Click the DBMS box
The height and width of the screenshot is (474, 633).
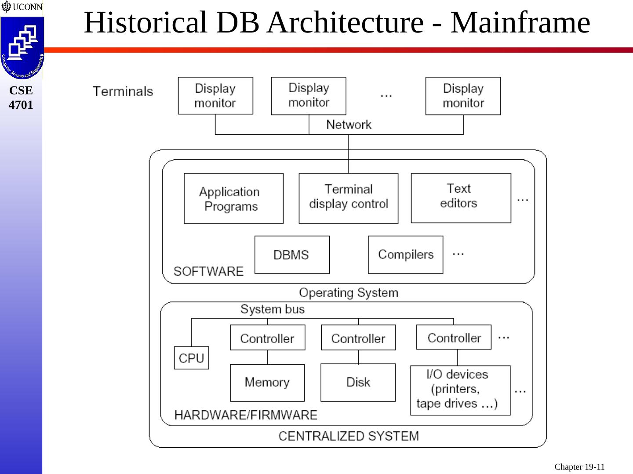(292, 255)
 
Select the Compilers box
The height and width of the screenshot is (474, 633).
(405, 255)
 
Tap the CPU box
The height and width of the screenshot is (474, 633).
(192, 358)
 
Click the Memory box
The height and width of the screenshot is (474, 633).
(267, 383)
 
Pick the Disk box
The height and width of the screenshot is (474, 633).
(358, 382)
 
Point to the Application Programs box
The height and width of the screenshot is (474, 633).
(233, 198)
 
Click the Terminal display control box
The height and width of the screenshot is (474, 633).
(348, 198)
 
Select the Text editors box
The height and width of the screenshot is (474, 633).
(461, 198)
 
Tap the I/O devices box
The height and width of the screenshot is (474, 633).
(460, 390)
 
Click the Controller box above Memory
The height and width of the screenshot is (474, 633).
(268, 338)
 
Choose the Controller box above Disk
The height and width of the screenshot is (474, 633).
(358, 338)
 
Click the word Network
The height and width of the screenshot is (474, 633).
(349, 125)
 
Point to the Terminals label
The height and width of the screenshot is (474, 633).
(123, 91)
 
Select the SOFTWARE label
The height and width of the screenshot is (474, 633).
(208, 271)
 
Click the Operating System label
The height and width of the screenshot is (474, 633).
(349, 293)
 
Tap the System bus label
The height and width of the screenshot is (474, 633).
(273, 309)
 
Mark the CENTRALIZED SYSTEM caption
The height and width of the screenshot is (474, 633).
(349, 436)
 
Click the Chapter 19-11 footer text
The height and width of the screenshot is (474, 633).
(579, 467)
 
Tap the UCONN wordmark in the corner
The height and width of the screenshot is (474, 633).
(27, 7)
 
